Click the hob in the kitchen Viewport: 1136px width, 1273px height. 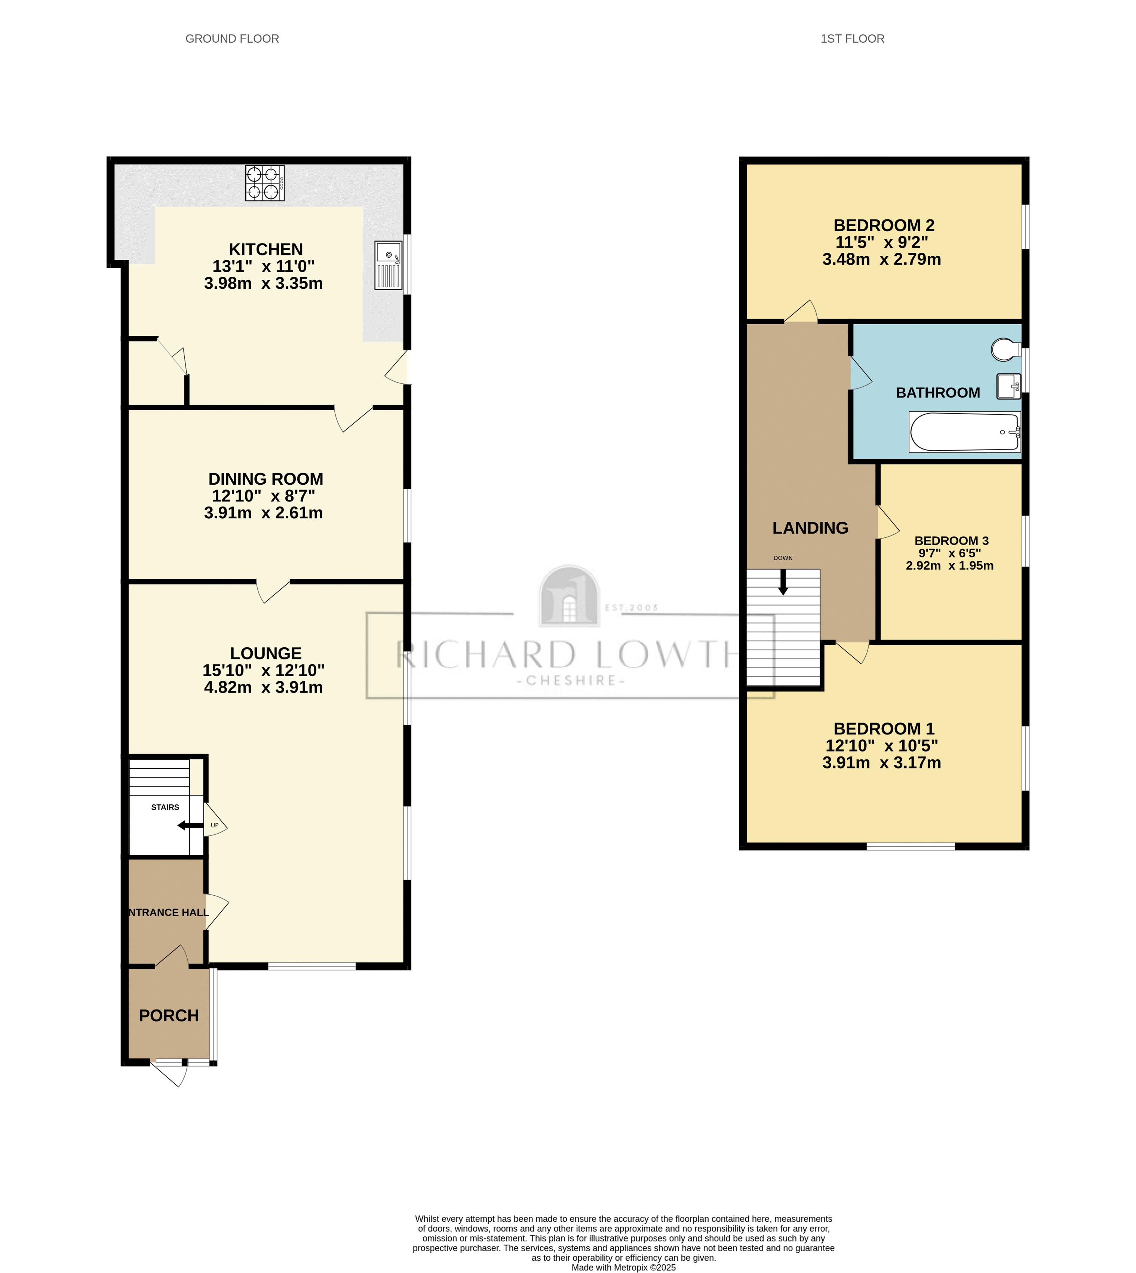click(x=265, y=183)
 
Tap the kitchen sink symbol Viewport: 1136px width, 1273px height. click(x=388, y=266)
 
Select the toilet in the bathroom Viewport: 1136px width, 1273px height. click(x=1005, y=350)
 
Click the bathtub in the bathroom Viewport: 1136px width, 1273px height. click(x=964, y=432)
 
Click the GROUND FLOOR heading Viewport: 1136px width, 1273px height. click(x=232, y=39)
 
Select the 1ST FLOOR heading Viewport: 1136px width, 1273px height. click(x=852, y=39)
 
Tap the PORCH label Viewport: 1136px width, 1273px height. click(x=169, y=1016)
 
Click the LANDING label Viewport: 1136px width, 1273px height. click(x=810, y=528)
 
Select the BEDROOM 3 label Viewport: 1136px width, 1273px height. click(x=951, y=541)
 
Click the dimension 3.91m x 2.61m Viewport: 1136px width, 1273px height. click(x=263, y=513)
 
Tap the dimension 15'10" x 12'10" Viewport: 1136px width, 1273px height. click(x=263, y=671)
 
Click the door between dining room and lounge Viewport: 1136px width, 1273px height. click(x=273, y=591)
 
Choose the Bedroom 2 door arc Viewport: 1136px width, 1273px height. click(x=801, y=312)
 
